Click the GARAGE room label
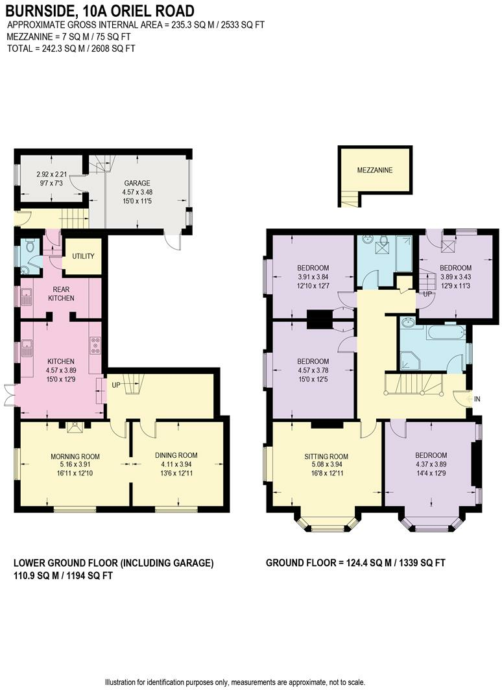tap(137, 183)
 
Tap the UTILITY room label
tap(83, 256)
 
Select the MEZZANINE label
tap(375, 170)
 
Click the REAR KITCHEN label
tap(61, 294)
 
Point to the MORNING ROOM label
tap(75, 457)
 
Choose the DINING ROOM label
tap(176, 455)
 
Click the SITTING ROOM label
tap(326, 457)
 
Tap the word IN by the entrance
tap(477, 399)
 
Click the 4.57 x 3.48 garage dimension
tap(137, 192)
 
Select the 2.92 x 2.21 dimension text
tap(51, 174)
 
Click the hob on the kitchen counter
tap(95, 346)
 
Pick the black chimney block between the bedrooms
tap(320, 320)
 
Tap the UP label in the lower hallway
tap(115, 385)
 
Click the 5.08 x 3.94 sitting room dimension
tap(326, 464)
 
